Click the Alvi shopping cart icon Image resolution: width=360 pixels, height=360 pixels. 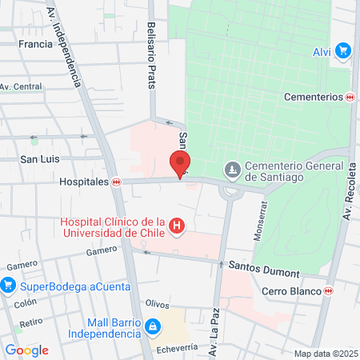343,51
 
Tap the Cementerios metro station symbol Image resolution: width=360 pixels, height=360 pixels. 349,97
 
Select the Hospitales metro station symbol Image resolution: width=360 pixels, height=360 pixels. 117,182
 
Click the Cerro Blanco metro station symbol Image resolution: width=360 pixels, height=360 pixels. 328,290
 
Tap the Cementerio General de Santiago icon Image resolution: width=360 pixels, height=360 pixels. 233,170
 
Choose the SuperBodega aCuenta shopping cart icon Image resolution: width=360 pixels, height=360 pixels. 9,284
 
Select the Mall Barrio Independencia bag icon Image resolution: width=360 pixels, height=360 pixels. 152,326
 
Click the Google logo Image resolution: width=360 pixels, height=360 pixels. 26,350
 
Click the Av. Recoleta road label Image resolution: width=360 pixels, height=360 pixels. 349,191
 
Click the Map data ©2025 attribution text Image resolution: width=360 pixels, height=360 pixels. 325,354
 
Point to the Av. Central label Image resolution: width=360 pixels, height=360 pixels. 21,86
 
